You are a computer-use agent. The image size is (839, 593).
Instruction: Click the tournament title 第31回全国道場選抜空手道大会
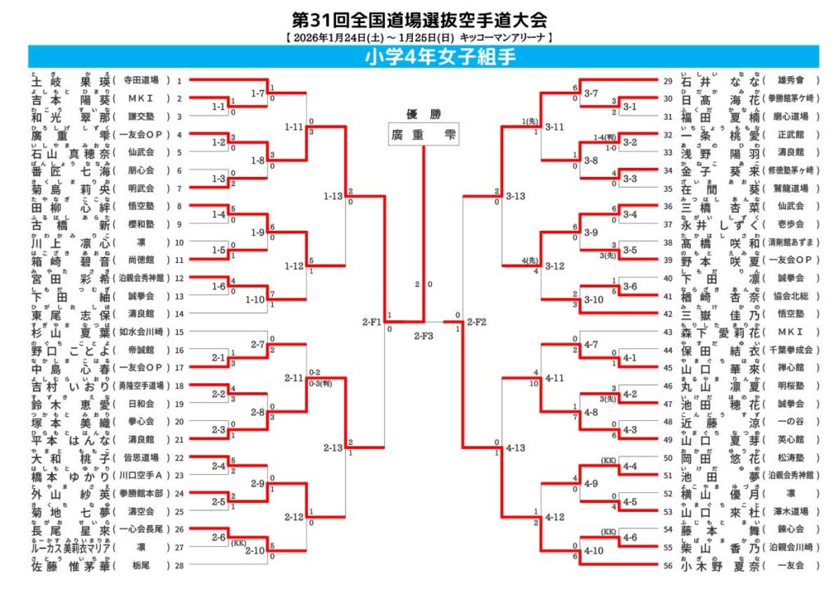click(419, 19)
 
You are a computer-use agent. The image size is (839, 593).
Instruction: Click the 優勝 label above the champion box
click(424, 114)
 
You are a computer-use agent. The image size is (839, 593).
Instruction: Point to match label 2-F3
click(424, 335)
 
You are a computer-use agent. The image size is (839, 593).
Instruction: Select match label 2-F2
click(478, 323)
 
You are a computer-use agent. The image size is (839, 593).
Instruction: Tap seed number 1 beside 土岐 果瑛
click(179, 81)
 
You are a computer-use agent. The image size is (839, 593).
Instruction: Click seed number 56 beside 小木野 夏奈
click(669, 565)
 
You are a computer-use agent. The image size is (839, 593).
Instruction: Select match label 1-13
click(333, 197)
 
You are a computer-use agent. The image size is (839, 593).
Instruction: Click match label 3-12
click(555, 266)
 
